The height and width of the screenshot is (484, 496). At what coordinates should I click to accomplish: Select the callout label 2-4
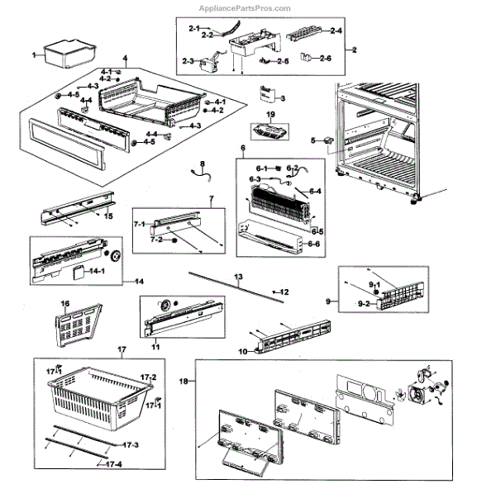(x=336, y=31)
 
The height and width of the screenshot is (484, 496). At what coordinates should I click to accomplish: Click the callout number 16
(x=65, y=305)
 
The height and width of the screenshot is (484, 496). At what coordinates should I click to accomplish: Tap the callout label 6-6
(x=315, y=245)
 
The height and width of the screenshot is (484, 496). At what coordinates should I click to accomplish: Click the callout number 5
(x=313, y=140)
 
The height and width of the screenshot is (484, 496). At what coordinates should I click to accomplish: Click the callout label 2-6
(x=326, y=58)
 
